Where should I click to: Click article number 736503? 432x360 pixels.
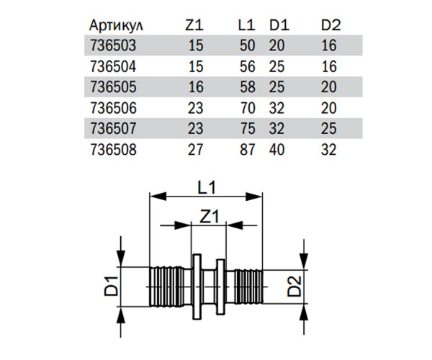(x=112, y=47)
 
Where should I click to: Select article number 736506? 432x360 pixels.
(x=112, y=109)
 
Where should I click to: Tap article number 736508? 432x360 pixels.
(x=112, y=150)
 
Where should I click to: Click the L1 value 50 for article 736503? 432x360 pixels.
(x=247, y=47)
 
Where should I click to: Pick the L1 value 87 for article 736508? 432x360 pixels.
(x=247, y=150)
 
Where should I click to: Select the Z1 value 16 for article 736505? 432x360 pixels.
(x=195, y=89)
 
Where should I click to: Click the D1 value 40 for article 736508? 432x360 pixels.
(x=279, y=150)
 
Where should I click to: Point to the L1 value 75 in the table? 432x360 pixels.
(x=247, y=130)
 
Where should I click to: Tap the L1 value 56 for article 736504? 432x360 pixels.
(x=247, y=68)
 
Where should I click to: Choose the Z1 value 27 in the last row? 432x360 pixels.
(x=195, y=150)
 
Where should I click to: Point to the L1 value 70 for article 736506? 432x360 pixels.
(x=247, y=109)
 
